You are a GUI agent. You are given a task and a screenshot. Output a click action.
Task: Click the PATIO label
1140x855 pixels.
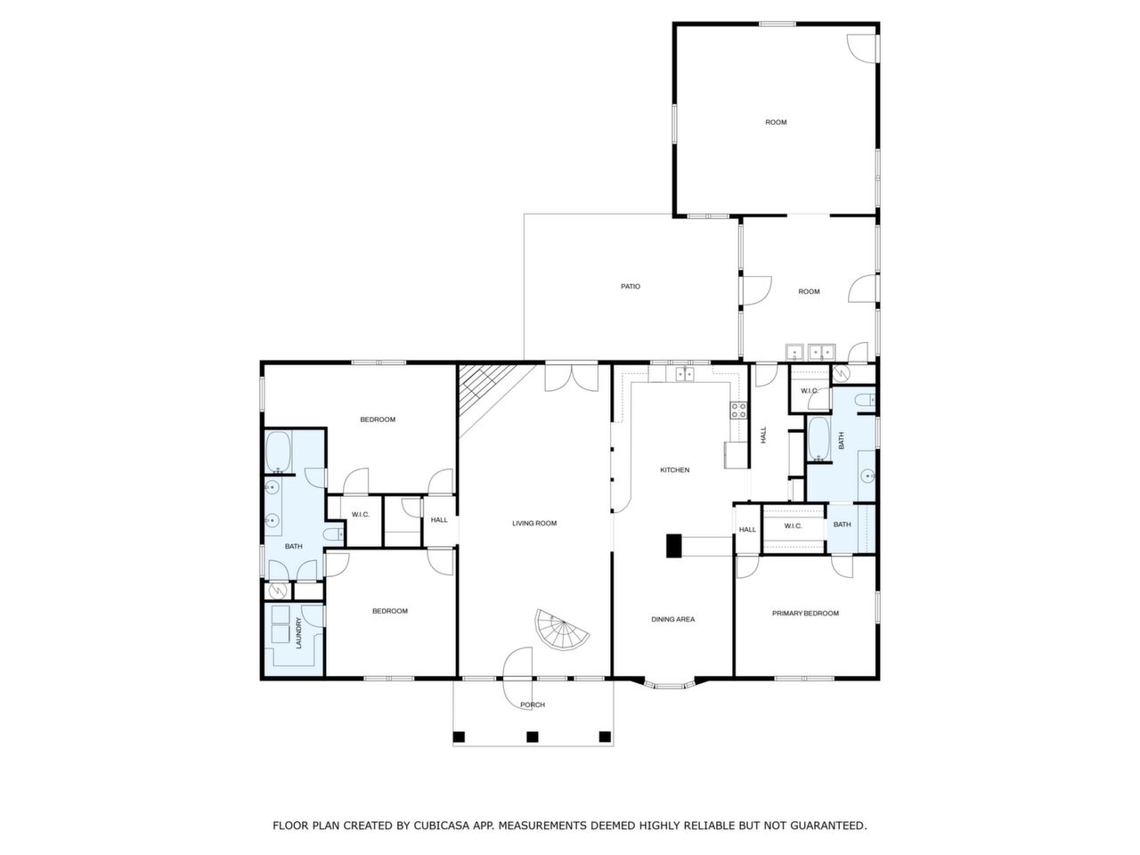pyautogui.click(x=630, y=287)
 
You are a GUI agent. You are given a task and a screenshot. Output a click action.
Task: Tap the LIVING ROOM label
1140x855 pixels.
pyautogui.click(x=533, y=524)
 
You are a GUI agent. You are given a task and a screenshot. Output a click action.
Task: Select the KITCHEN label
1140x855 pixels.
pyautogui.click(x=674, y=470)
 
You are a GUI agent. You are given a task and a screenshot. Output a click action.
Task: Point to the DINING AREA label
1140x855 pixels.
pyautogui.click(x=672, y=619)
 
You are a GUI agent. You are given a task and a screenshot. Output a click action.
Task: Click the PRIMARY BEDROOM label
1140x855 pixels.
pyautogui.click(x=805, y=613)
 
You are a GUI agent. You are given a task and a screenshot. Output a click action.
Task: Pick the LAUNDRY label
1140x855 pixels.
pyautogui.click(x=298, y=633)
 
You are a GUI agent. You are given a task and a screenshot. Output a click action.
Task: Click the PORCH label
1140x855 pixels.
pyautogui.click(x=533, y=705)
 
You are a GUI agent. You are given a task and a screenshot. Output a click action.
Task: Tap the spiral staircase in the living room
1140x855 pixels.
pyautogui.click(x=561, y=631)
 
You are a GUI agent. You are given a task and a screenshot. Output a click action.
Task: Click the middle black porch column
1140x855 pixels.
pyautogui.click(x=533, y=737)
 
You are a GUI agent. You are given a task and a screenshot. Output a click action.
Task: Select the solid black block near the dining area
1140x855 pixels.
pyautogui.click(x=673, y=546)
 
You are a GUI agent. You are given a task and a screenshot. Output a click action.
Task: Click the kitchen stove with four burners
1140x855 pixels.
pyautogui.click(x=738, y=411)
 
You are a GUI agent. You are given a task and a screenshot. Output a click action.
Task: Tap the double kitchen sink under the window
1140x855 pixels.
pyautogui.click(x=684, y=374)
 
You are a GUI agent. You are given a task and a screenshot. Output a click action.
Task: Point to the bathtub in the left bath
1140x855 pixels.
pyautogui.click(x=279, y=452)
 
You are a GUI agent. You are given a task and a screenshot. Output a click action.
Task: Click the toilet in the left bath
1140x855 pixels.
pyautogui.click(x=333, y=533)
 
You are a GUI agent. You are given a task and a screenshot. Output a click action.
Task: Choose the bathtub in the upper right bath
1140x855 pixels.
pyautogui.click(x=819, y=439)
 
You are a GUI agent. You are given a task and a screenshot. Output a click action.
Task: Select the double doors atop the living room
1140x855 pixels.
pyautogui.click(x=571, y=378)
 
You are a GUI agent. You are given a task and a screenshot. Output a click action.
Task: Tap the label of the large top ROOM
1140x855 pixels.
pyautogui.click(x=776, y=123)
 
